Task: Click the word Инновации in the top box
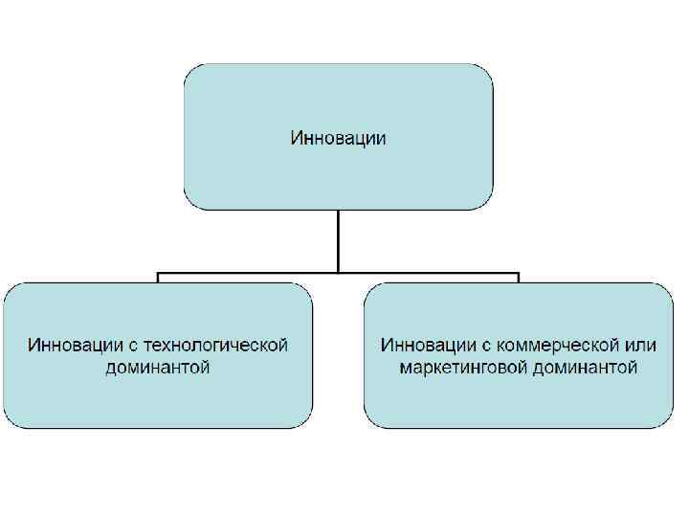click(338, 138)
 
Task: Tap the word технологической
click(223, 344)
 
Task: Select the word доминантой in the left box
click(158, 367)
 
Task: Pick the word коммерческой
click(545, 344)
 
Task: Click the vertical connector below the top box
click(338, 239)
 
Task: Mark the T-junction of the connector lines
click(338, 273)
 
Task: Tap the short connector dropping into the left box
click(158, 278)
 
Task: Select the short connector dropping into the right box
click(518, 278)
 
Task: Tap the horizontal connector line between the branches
click(249, 273)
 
